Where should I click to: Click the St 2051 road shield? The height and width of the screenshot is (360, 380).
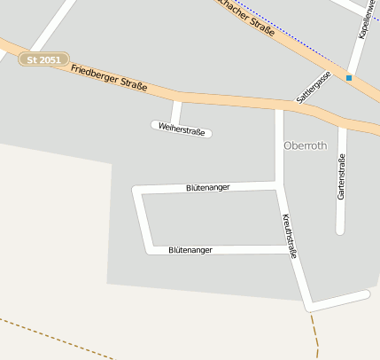(x=43, y=59)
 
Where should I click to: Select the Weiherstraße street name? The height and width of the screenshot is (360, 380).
(x=182, y=130)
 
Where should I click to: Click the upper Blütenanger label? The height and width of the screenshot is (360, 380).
(x=208, y=187)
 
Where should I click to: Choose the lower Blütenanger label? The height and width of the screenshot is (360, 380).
(x=190, y=251)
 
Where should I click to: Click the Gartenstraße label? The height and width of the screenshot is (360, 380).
(x=341, y=176)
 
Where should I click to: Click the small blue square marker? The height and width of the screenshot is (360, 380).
(x=349, y=78)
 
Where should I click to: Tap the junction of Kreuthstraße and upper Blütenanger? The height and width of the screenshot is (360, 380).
(x=279, y=184)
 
